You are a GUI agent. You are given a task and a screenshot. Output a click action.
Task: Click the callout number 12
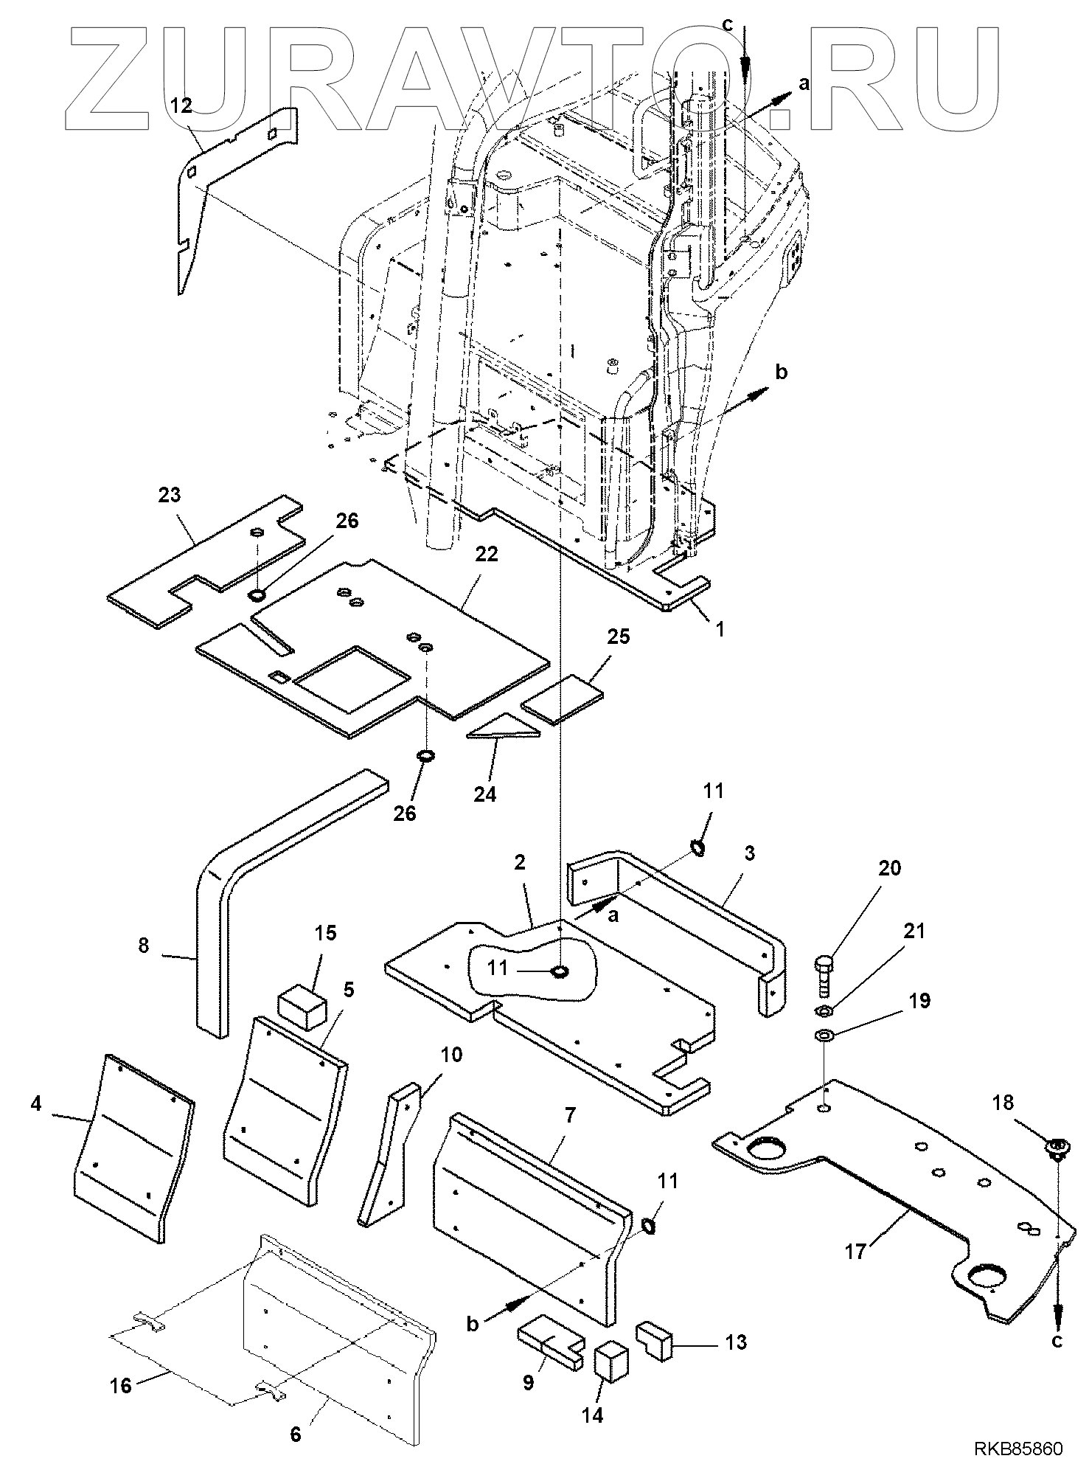pos(181,106)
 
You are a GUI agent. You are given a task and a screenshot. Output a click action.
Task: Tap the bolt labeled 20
pos(824,974)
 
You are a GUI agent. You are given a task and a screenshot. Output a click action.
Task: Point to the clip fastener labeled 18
pos(1057,1148)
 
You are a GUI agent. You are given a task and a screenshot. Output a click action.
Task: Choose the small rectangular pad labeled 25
pos(562,698)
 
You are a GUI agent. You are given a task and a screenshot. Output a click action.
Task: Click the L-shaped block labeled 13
pos(653,1340)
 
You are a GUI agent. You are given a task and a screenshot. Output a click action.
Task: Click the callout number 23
pos(170,495)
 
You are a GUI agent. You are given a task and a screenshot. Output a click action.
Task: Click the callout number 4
pos(36,1103)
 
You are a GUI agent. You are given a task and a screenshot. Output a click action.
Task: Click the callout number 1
pos(720,629)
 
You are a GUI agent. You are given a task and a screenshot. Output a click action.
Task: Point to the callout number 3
pos(749,853)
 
